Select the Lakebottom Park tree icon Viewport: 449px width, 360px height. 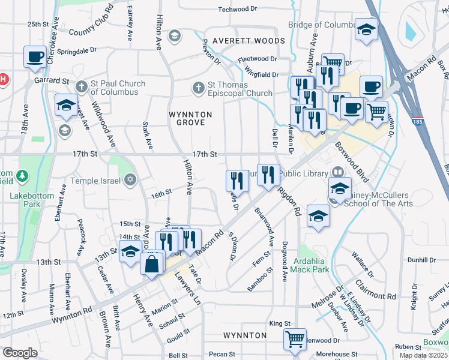point(23,176)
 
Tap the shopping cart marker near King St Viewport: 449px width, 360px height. point(295,339)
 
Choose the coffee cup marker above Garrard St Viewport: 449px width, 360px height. point(35,56)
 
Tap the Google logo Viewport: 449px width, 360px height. point(20,352)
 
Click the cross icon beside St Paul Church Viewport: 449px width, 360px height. point(82,88)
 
